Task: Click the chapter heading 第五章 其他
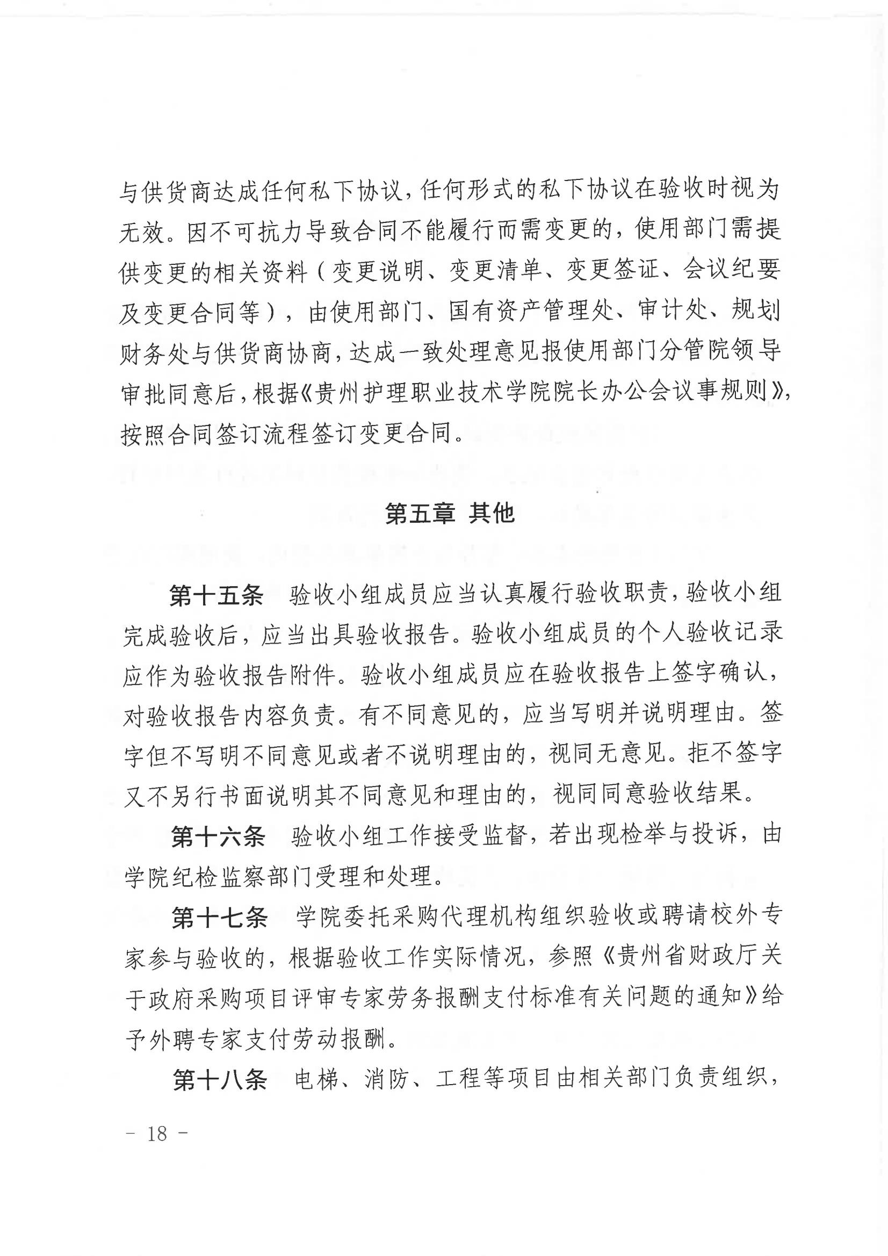[x=449, y=513]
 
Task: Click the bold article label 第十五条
[x=216, y=596]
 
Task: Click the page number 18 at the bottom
[x=157, y=1134]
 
